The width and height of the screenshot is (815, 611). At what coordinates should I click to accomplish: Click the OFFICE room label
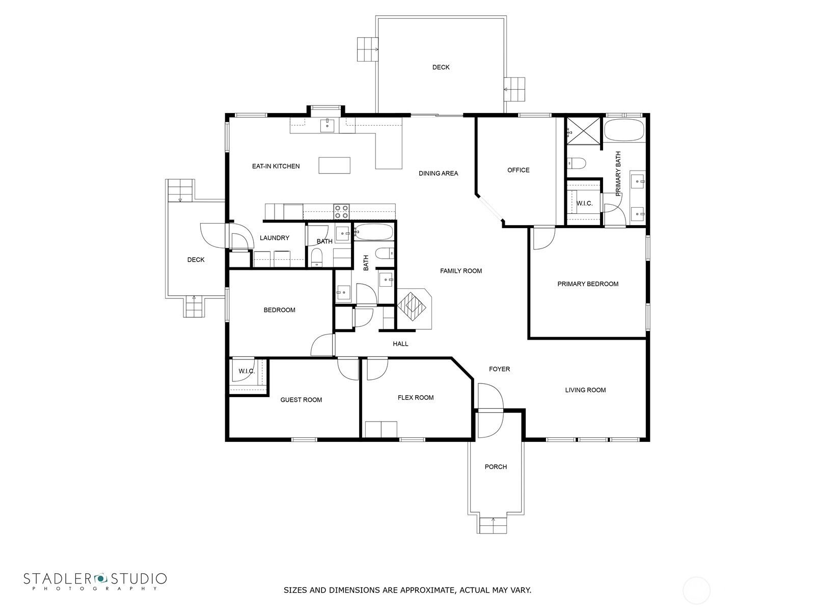pyautogui.click(x=519, y=170)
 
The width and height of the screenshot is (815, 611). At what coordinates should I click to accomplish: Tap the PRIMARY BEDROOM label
pyautogui.click(x=588, y=284)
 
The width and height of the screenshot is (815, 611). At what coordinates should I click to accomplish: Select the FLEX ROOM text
pyautogui.click(x=416, y=397)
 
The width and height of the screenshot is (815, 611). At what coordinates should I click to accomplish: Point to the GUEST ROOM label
pyautogui.click(x=301, y=400)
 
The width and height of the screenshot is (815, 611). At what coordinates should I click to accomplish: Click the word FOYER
pyautogui.click(x=499, y=369)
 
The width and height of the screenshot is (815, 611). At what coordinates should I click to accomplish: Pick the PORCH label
pyautogui.click(x=496, y=467)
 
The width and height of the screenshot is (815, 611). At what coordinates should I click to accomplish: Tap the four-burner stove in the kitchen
pyautogui.click(x=341, y=212)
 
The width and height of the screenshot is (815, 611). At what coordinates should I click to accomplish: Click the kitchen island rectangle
pyautogui.click(x=334, y=165)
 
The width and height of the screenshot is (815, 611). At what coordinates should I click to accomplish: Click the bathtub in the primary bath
pyautogui.click(x=623, y=130)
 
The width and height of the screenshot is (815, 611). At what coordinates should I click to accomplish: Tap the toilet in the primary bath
pyautogui.click(x=577, y=163)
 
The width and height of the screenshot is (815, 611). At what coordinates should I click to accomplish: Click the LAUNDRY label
pyautogui.click(x=275, y=238)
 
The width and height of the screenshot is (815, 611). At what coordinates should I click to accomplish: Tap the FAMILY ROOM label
pyautogui.click(x=461, y=271)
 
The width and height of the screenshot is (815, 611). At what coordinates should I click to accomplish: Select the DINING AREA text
pyautogui.click(x=438, y=173)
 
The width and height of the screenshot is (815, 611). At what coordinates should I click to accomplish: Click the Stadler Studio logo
pyautogui.click(x=95, y=580)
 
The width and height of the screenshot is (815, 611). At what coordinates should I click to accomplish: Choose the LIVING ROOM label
pyautogui.click(x=585, y=390)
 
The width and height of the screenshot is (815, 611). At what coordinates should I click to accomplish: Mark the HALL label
pyautogui.click(x=400, y=344)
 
